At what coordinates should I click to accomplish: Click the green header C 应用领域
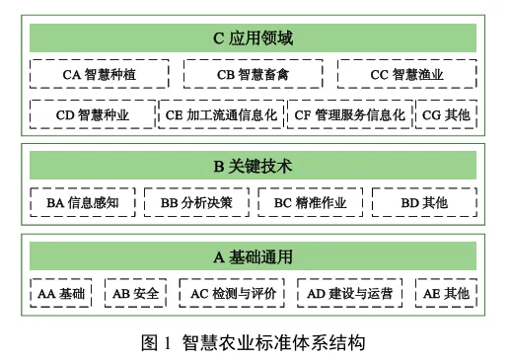[254, 38]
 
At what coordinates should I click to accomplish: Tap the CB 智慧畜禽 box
[254, 74]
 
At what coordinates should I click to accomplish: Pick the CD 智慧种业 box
[92, 114]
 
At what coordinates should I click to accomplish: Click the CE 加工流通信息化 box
[223, 114]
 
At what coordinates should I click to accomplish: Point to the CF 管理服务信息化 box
[350, 114]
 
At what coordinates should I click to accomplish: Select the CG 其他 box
[445, 114]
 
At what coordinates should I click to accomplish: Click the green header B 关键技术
[254, 165]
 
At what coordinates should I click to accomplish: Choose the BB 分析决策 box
[197, 201]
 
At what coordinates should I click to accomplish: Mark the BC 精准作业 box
[310, 201]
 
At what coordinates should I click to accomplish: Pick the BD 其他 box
[424, 201]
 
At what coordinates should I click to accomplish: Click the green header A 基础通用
[254, 256]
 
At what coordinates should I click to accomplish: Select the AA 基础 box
[61, 293]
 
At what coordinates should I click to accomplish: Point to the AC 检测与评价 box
[233, 293]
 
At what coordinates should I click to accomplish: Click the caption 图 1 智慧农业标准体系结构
[254, 342]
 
